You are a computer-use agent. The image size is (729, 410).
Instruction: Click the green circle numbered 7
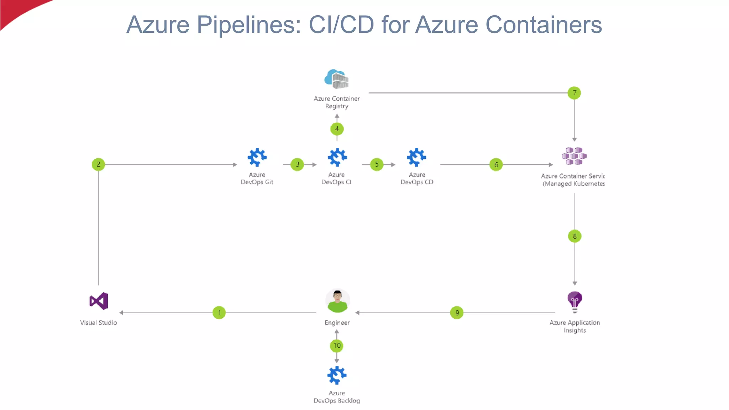(x=574, y=93)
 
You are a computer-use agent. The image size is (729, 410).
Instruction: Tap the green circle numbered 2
(x=98, y=164)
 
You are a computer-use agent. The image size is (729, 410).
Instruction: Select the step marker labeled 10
(x=337, y=346)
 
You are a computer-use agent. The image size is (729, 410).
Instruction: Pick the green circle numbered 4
(x=337, y=129)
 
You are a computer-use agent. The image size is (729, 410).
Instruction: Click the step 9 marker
(x=457, y=313)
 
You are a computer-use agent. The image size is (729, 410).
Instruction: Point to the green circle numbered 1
(x=219, y=313)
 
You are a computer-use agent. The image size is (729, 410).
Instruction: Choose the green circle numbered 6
(x=496, y=164)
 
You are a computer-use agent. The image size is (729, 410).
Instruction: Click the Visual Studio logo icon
(x=99, y=301)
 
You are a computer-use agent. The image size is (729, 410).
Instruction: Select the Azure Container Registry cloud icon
(x=336, y=79)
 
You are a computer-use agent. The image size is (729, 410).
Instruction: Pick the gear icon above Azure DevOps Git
(x=257, y=157)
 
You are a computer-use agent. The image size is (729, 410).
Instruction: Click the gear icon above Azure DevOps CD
(x=416, y=157)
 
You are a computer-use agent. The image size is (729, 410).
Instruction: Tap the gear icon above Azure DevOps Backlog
(x=336, y=375)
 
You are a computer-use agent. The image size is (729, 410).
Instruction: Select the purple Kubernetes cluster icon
(x=574, y=156)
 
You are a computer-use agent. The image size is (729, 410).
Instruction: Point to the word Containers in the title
(x=543, y=25)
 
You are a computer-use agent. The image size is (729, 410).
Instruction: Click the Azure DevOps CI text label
(x=336, y=178)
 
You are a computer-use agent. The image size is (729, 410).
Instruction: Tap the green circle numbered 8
(x=575, y=236)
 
